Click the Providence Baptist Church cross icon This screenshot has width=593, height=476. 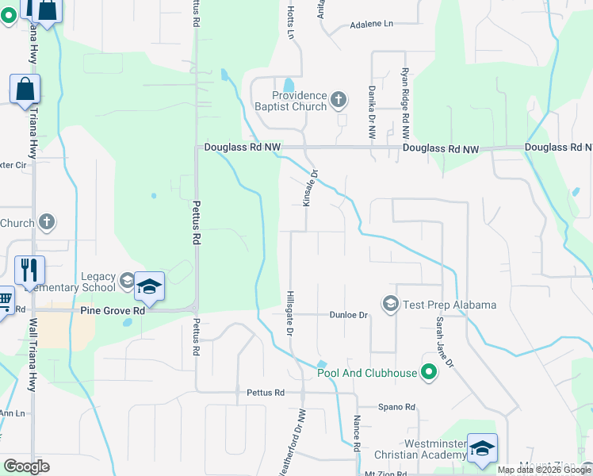(339, 100)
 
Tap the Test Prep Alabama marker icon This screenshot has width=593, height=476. (390, 304)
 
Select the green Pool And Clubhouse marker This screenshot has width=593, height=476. (429, 371)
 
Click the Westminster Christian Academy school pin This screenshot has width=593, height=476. (481, 447)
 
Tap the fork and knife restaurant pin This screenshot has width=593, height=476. (29, 270)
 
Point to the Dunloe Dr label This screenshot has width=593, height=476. (350, 315)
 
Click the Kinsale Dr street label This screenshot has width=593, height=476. (310, 189)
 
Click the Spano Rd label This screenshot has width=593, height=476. (396, 407)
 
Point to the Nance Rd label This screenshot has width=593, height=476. (357, 434)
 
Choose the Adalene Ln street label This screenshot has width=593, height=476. (372, 25)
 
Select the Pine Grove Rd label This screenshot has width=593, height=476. (113, 311)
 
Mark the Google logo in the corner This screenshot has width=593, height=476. (26, 466)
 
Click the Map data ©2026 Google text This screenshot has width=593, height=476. (543, 470)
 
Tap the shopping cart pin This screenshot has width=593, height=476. (5, 299)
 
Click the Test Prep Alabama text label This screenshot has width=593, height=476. (450, 305)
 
